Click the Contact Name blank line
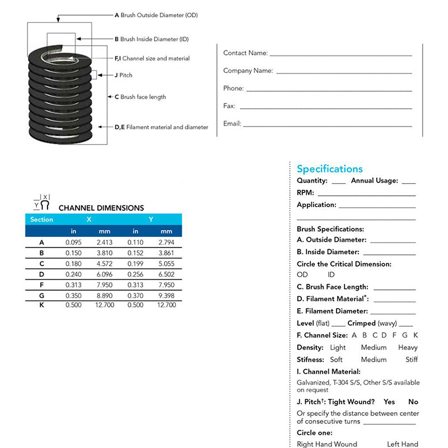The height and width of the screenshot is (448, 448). [340, 55]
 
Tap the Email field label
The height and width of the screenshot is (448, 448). [232, 124]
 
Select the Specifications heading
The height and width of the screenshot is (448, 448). [329, 169]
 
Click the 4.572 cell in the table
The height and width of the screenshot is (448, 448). [105, 264]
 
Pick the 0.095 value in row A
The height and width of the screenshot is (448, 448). [73, 242]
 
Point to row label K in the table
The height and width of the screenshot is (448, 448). [41, 305]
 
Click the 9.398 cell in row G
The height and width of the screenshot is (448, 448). [166, 295]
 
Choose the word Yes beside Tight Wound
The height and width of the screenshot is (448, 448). [389, 402]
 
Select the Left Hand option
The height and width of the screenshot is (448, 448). [402, 444]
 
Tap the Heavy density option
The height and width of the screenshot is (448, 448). [408, 348]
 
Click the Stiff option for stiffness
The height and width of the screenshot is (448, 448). [412, 360]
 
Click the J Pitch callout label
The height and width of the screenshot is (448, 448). [123, 75]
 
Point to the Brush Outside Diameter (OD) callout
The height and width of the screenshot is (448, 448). [156, 16]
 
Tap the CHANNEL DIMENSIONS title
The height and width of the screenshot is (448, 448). [101, 208]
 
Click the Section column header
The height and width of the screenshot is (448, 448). [41, 220]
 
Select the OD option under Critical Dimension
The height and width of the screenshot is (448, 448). [302, 275]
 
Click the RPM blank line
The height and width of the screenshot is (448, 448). [366, 194]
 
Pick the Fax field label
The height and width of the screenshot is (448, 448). [229, 106]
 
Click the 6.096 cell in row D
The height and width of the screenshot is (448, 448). [105, 274]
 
